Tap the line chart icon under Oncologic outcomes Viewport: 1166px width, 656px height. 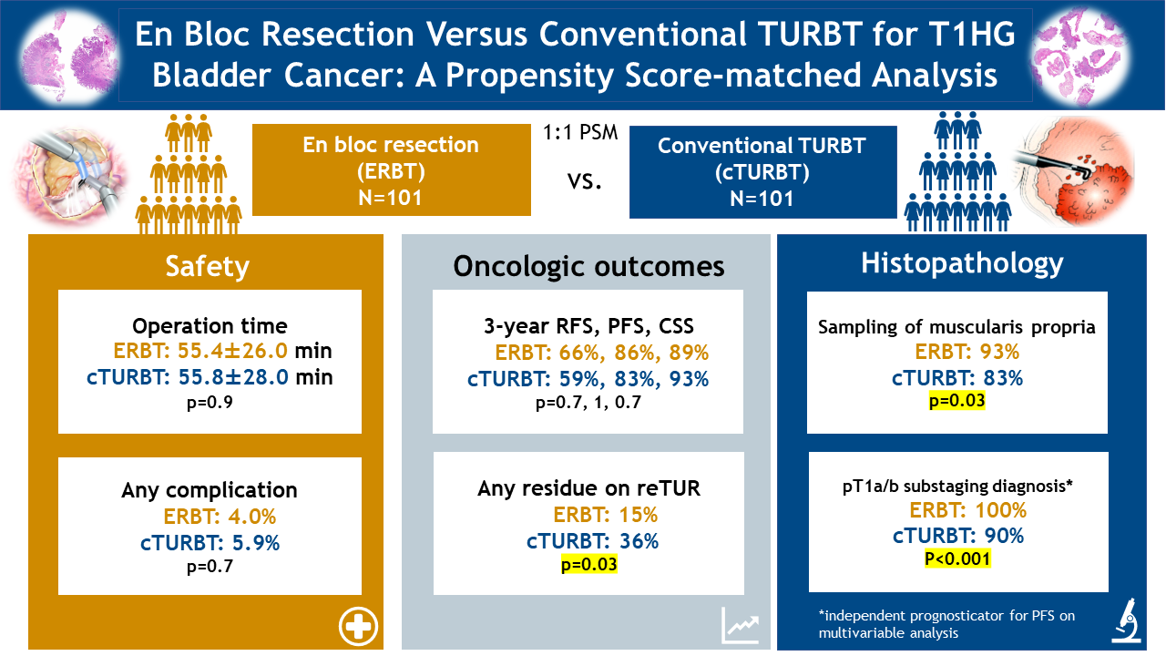pyautogui.click(x=741, y=624)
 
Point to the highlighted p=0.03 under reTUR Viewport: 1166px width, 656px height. pyautogui.click(x=588, y=565)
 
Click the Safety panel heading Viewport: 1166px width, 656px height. pyautogui.click(x=207, y=265)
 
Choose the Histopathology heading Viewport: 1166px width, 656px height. pyautogui.click(x=962, y=262)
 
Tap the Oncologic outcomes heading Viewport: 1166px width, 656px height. pyautogui.click(x=588, y=265)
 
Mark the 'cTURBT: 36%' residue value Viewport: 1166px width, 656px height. pyautogui.click(x=592, y=540)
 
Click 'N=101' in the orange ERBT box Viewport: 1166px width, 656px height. pyautogui.click(x=391, y=196)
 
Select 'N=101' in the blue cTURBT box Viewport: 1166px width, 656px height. pyautogui.click(x=762, y=198)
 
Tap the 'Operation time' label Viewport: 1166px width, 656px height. pyautogui.click(x=210, y=326)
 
